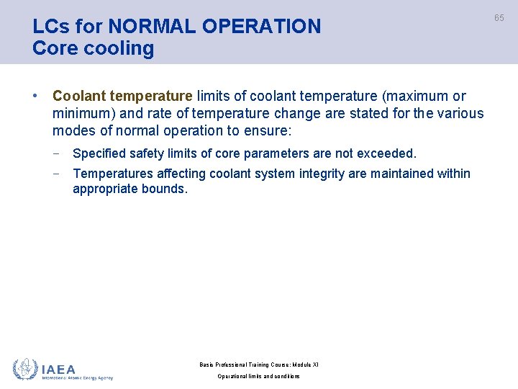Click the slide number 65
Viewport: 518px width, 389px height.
499,18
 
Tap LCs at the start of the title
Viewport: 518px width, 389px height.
48,27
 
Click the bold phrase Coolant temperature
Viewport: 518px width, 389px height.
122,97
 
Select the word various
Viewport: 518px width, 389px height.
460,114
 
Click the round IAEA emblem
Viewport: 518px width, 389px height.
25,369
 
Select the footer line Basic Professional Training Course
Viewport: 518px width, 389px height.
258,365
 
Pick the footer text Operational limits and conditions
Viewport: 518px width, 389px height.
258,377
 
